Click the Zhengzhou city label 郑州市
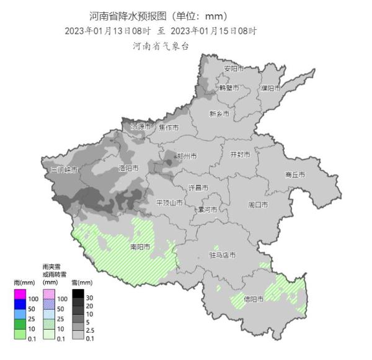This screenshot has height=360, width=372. tap(187, 156)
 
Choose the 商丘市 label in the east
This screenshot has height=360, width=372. tap(295, 175)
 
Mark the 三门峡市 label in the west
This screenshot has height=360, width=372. tap(64, 169)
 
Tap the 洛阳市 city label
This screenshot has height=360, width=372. tap(128, 168)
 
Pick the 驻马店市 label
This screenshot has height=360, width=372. tap(222, 254)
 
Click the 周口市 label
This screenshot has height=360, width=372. tap(258, 204)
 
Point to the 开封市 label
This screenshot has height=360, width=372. tap(240, 154)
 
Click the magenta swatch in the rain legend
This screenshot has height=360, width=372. tap(20, 294)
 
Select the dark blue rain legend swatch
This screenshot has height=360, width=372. tap(20, 304)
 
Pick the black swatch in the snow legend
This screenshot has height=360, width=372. tap(78, 294)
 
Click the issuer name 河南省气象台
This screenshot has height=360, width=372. tap(160, 45)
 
